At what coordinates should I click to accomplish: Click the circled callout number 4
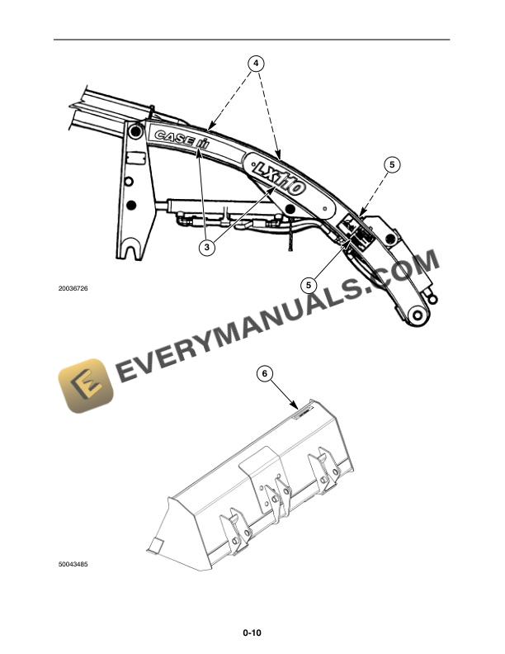(257, 63)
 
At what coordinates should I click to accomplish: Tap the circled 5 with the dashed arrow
(393, 165)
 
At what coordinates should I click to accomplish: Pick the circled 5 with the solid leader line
(309, 284)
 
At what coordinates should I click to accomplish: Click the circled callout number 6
(265, 373)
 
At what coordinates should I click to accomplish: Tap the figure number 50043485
(73, 566)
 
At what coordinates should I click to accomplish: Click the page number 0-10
(252, 633)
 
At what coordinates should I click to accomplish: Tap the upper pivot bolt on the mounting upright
(135, 130)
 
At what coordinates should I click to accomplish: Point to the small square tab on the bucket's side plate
(152, 544)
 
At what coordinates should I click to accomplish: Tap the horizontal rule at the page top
(252, 40)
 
